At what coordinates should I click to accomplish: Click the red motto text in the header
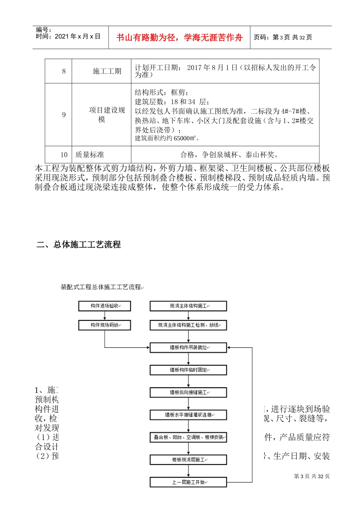[x=179, y=37]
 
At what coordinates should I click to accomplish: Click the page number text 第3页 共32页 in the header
[x=283, y=37]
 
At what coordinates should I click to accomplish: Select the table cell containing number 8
[x=64, y=71]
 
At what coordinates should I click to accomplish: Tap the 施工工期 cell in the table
[x=107, y=71]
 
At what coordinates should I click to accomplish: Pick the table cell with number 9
[x=64, y=115]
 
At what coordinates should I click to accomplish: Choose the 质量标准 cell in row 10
[x=90, y=155]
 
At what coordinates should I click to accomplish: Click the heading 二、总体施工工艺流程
[x=78, y=245]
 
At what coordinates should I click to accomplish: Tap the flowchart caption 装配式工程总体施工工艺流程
[x=101, y=287]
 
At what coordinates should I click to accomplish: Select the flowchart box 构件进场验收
[x=105, y=306]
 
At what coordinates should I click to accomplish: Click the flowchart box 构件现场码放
[x=105, y=325]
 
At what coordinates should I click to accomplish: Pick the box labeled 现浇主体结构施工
[x=188, y=306]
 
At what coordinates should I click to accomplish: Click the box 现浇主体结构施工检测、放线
[x=188, y=325]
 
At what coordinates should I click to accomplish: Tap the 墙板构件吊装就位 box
[x=188, y=347]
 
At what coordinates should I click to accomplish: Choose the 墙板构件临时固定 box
[x=188, y=370]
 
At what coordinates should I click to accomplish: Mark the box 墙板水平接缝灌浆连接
[x=188, y=415]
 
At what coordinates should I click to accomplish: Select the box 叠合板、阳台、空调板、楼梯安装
[x=188, y=437]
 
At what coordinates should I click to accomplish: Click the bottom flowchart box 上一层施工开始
[x=188, y=482]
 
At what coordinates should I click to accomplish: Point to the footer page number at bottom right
[x=311, y=476]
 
